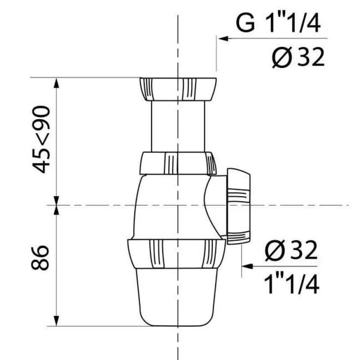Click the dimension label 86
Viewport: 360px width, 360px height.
pos(40,257)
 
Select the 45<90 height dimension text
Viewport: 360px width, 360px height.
pos(41,139)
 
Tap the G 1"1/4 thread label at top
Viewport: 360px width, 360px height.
pos(278,23)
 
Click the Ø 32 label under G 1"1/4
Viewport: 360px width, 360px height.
pos(298,57)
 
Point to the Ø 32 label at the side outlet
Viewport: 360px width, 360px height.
pos(291,251)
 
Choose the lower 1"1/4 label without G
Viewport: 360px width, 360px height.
pos(292,284)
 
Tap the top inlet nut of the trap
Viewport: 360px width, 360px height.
pos(178,89)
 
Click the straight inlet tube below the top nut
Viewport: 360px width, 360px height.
pos(178,126)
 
